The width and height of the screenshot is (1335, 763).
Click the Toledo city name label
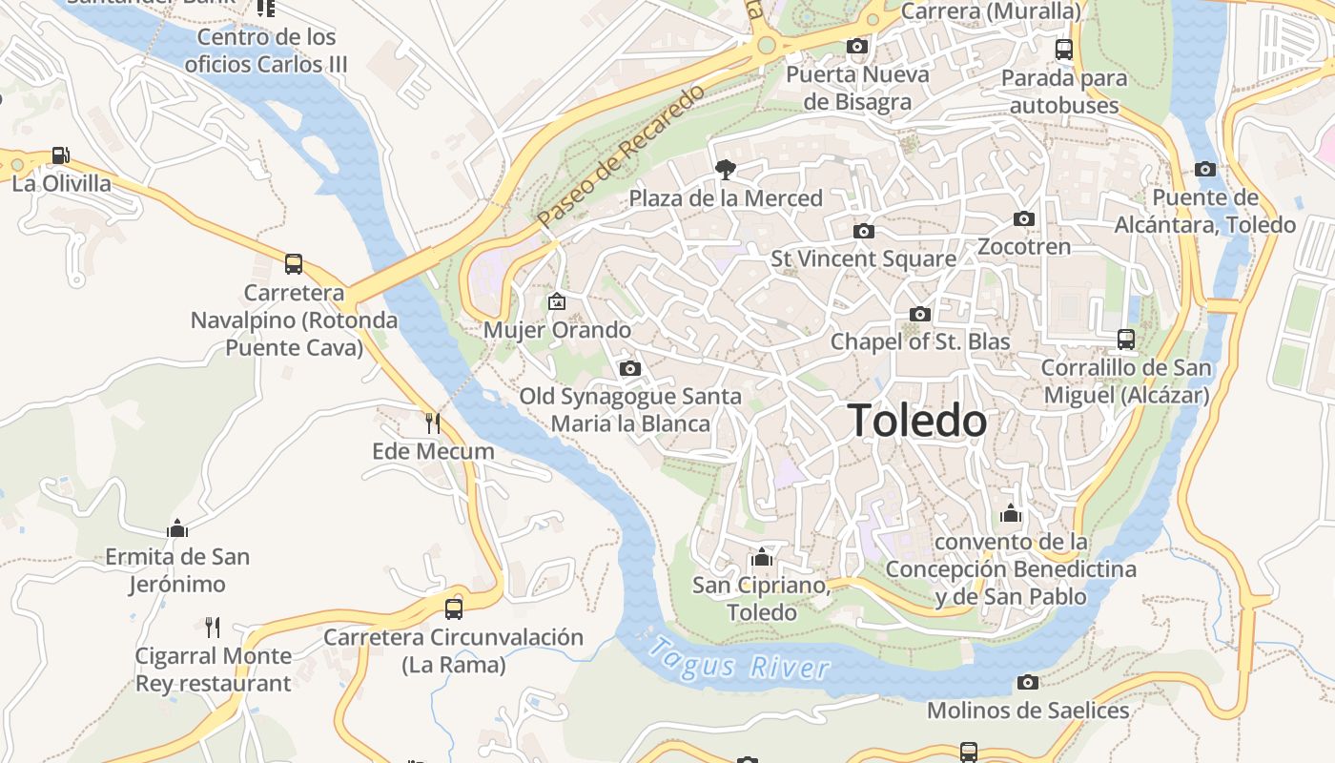pyautogui.click(x=916, y=421)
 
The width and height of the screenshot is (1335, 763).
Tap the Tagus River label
pyautogui.click(x=738, y=659)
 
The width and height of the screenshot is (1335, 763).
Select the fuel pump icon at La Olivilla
pyautogui.click(x=60, y=155)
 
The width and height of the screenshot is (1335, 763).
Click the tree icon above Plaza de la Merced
pyautogui.click(x=725, y=170)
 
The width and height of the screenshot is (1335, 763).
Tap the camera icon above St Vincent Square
pyautogui.click(x=863, y=231)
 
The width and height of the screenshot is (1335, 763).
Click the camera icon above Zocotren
pyautogui.click(x=1024, y=218)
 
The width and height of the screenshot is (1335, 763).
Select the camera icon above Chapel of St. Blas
pyautogui.click(x=920, y=314)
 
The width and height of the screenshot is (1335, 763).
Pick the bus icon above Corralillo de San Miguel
pyautogui.click(x=1126, y=340)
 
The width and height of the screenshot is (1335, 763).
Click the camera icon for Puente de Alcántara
pyautogui.click(x=1205, y=170)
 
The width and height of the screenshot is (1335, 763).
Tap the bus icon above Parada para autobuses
pyautogui.click(x=1064, y=50)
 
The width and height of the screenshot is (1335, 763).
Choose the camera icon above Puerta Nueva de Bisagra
pyautogui.click(x=856, y=46)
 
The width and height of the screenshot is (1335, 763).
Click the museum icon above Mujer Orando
pyautogui.click(x=557, y=302)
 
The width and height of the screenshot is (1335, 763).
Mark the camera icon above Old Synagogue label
pyautogui.click(x=629, y=368)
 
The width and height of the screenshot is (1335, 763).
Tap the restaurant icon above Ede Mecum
pyautogui.click(x=433, y=423)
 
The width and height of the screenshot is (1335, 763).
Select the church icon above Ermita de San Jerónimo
pyautogui.click(x=177, y=528)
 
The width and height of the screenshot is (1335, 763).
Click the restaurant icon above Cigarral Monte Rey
pyautogui.click(x=213, y=628)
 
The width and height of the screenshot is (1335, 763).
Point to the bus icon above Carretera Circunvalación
pyautogui.click(x=454, y=608)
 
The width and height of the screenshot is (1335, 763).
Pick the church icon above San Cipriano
pyautogui.click(x=761, y=557)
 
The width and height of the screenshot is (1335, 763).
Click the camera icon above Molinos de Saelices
pyautogui.click(x=1028, y=682)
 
